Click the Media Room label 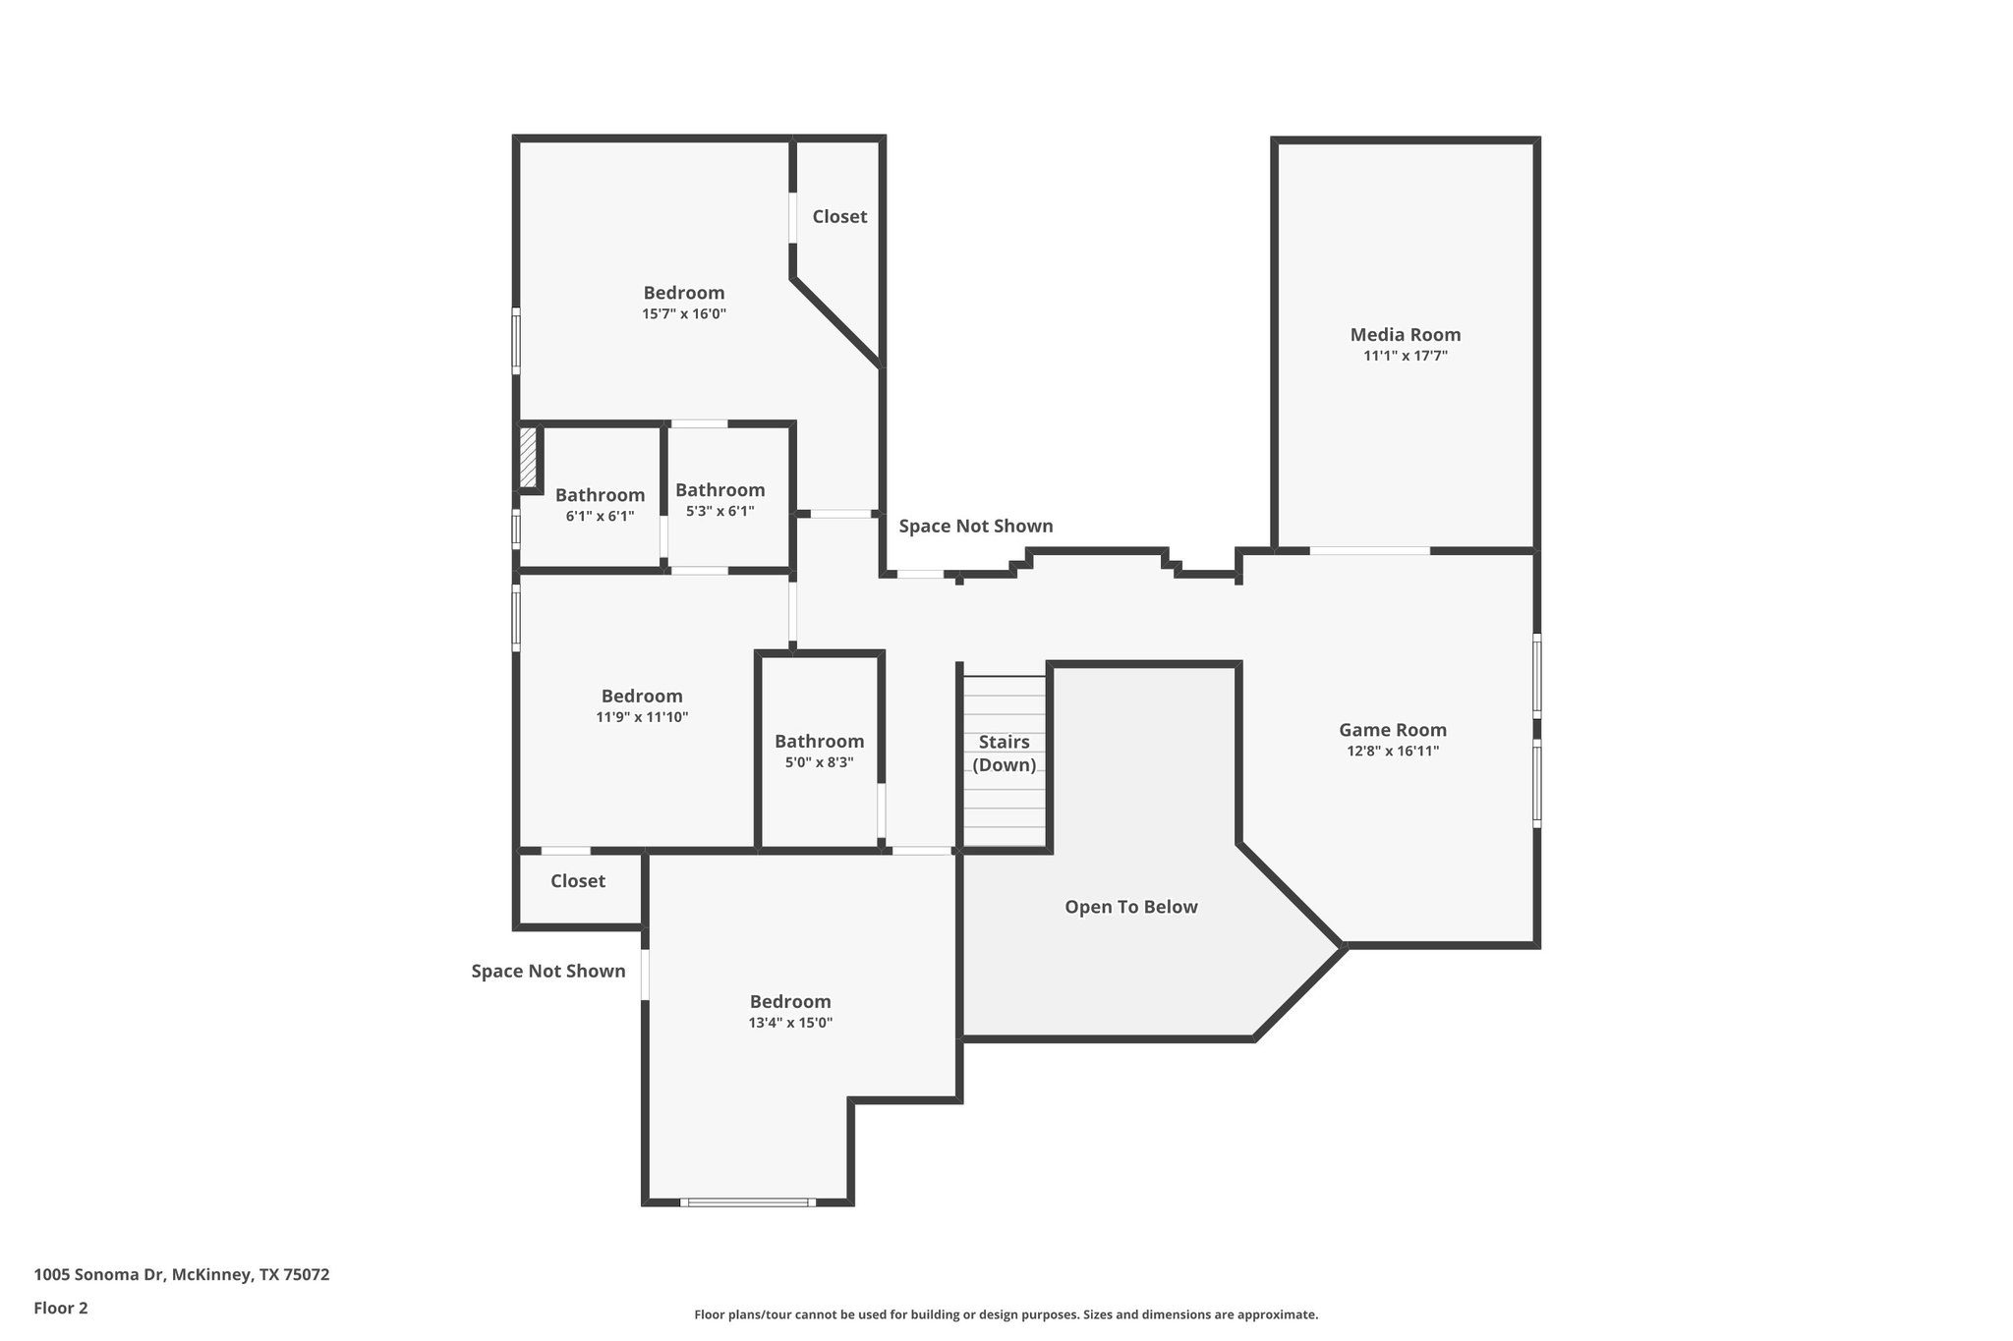1405,335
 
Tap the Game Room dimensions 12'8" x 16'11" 1393,752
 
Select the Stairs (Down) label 1004,754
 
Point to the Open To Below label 1130,907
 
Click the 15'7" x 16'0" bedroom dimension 684,314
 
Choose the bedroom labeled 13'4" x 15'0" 790,1023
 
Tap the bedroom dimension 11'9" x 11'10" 642,718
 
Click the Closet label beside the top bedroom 839,216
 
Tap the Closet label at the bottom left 578,881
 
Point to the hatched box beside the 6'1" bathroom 529,457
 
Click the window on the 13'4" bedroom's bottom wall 747,1201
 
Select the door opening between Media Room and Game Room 1369,551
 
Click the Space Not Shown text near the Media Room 975,526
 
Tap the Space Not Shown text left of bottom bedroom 547,971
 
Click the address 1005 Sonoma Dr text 182,1275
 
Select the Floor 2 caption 61,1308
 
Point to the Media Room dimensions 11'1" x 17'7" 1405,357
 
